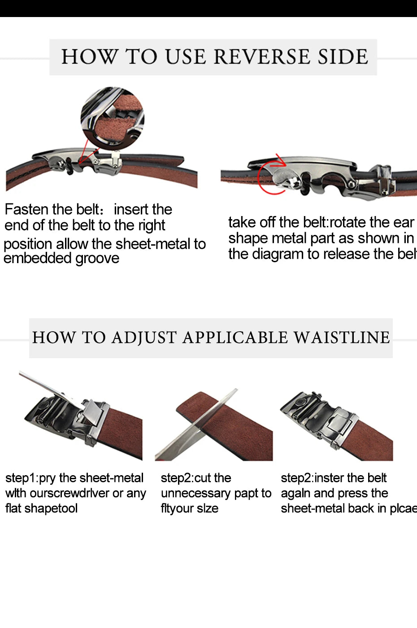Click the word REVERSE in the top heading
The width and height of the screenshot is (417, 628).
pyautogui.click(x=262, y=57)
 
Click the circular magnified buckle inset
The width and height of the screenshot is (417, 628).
pyautogui.click(x=113, y=118)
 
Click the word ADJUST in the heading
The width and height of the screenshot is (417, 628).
pyautogui.click(x=144, y=338)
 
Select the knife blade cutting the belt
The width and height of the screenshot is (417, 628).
pyautogui.click(x=197, y=426)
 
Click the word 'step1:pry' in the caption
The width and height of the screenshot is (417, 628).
pyautogui.click(x=31, y=478)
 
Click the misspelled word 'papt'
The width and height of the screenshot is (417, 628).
pyautogui.click(x=246, y=494)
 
